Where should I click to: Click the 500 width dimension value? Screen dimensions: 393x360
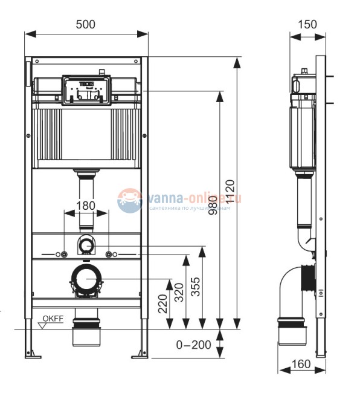click(x=86, y=24)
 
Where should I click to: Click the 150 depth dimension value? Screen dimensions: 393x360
click(x=307, y=24)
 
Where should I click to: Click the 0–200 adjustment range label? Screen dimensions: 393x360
click(x=194, y=345)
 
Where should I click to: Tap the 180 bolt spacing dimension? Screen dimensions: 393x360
click(x=86, y=206)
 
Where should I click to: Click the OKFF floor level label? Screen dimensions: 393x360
click(x=53, y=319)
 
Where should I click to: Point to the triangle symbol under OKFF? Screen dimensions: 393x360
click(x=43, y=325)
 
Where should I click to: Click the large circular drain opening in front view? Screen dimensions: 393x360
click(x=86, y=279)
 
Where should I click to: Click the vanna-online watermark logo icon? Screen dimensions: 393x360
click(x=130, y=200)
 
